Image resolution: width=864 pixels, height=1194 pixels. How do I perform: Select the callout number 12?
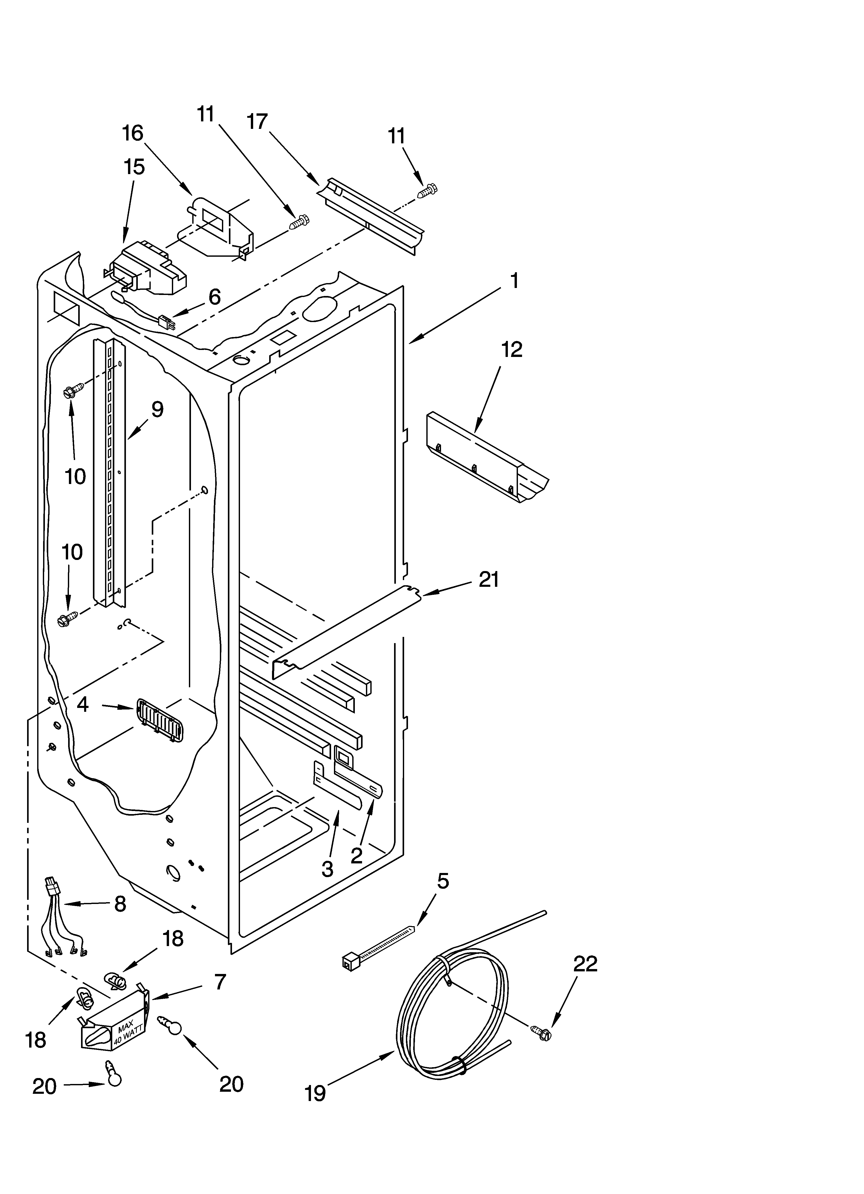click(x=512, y=349)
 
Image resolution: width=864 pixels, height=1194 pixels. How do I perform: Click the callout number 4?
click(x=83, y=704)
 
